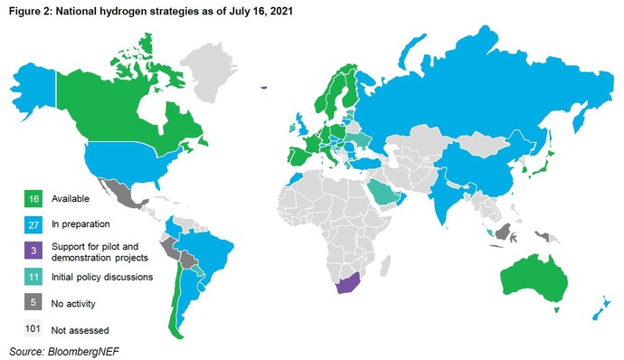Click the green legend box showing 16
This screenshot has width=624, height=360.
pos(33,198)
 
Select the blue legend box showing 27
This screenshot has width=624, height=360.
pos(33,223)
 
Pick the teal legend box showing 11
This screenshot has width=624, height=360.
pos(33,276)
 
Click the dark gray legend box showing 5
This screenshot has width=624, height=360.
pos(33,302)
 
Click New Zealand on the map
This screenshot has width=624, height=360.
pos(598,307)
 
